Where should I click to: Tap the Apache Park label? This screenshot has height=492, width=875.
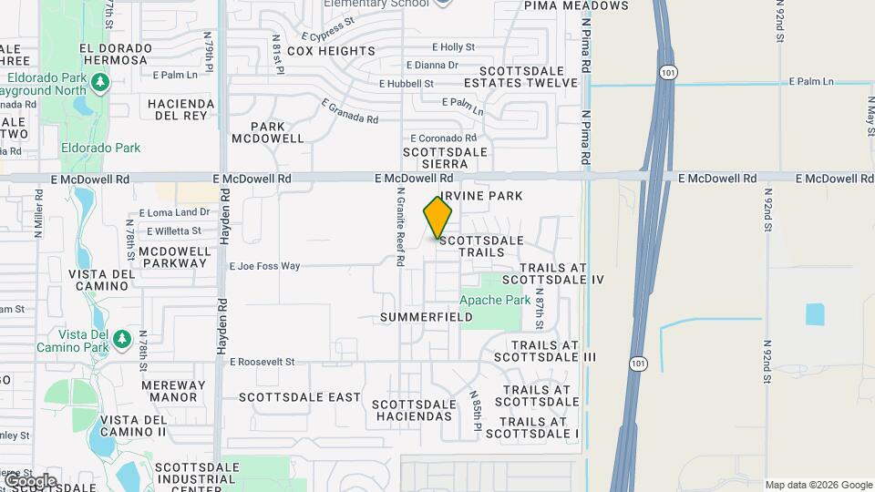pyautogui.click(x=494, y=300)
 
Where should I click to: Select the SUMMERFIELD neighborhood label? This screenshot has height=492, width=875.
pyautogui.click(x=427, y=317)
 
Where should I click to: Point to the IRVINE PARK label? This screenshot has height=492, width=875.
pyautogui.click(x=481, y=196)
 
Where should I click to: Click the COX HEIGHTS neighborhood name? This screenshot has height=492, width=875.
pyautogui.click(x=331, y=51)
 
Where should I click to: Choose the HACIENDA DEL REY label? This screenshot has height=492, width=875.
pyautogui.click(x=180, y=110)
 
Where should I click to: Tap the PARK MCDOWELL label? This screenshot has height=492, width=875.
pyautogui.click(x=267, y=133)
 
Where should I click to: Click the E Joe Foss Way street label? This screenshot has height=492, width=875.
pyautogui.click(x=264, y=266)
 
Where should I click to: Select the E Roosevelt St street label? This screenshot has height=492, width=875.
pyautogui.click(x=262, y=362)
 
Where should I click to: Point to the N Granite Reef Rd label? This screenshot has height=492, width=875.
pyautogui.click(x=400, y=228)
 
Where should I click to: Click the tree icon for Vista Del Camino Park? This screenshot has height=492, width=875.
pyautogui.click(x=120, y=340)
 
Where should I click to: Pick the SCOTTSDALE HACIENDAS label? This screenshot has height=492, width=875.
pyautogui.click(x=412, y=410)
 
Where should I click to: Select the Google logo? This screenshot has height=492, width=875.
pyautogui.click(x=30, y=480)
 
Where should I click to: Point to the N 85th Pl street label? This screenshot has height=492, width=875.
pyautogui.click(x=476, y=410)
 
